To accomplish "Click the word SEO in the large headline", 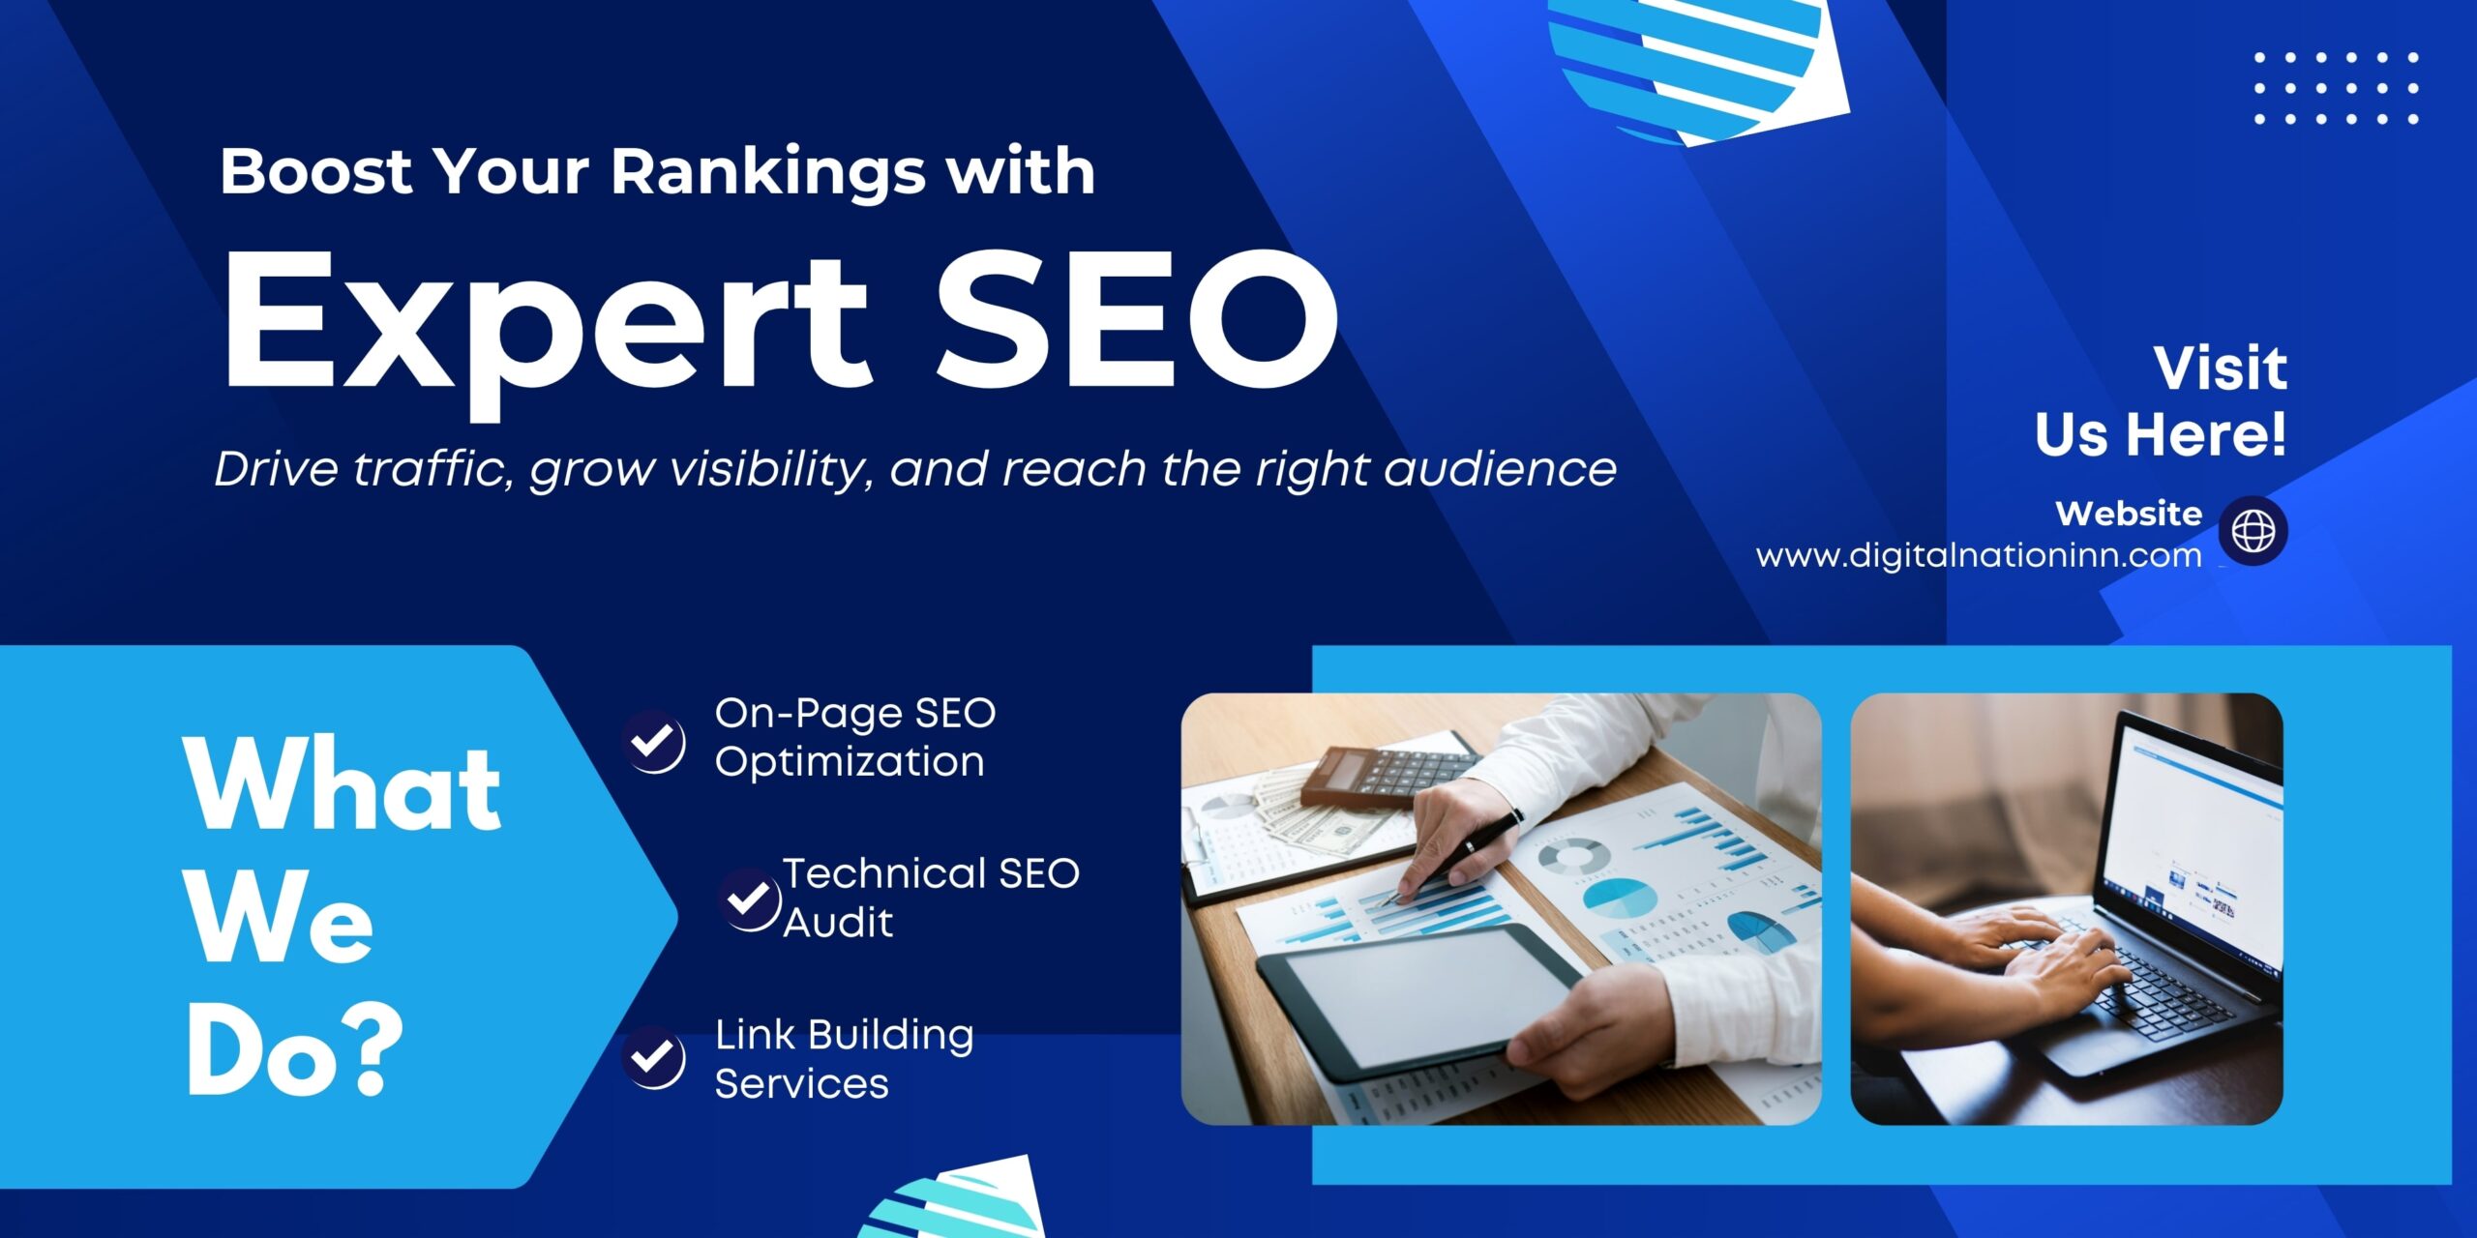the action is click(x=1137, y=319).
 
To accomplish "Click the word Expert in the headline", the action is click(x=547, y=334).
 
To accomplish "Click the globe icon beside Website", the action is click(x=2253, y=530).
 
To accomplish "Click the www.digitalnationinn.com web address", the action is click(x=1979, y=555).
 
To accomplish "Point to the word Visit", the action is click(x=2221, y=368).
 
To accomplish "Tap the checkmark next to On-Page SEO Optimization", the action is click(x=653, y=742).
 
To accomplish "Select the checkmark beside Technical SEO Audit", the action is click(x=749, y=899).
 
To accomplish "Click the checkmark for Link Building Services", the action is click(x=653, y=1057).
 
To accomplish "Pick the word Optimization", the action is click(x=850, y=762).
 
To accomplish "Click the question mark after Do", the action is click(x=370, y=1049).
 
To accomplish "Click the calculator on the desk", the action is click(x=1388, y=774).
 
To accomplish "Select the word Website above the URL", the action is click(x=2129, y=513).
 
